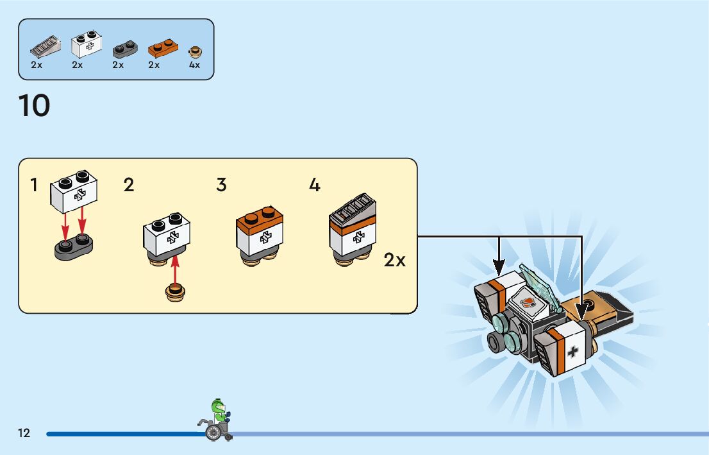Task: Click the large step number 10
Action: tap(35, 106)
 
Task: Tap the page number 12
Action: tap(24, 433)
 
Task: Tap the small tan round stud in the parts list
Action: tap(195, 51)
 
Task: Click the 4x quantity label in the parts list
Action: tap(194, 65)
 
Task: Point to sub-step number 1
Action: tap(33, 185)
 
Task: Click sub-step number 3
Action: tap(221, 185)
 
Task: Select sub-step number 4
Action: tap(314, 185)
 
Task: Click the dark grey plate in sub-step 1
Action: tap(74, 246)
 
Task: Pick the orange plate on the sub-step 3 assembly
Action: tap(260, 218)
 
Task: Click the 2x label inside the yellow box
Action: tap(395, 261)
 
